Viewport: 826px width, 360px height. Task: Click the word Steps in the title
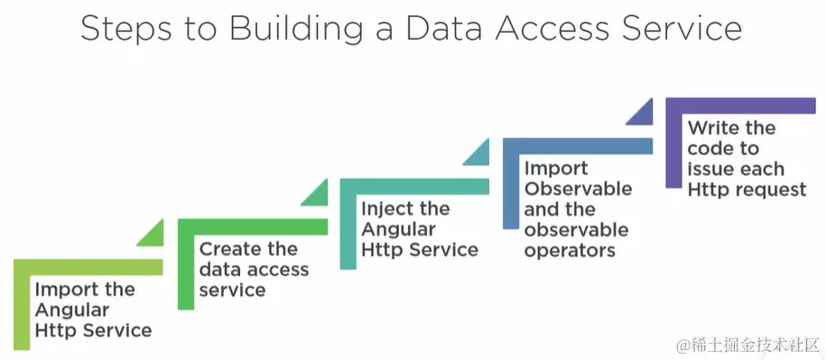pyautogui.click(x=125, y=30)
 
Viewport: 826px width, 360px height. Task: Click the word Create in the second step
pyautogui.click(x=228, y=249)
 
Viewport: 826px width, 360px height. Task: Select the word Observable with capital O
pyautogui.click(x=579, y=189)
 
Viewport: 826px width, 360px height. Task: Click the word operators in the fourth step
pyautogui.click(x=570, y=251)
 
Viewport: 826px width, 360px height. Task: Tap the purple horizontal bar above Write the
pyautogui.click(x=741, y=106)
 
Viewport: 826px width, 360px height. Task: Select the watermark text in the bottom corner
pyautogui.click(x=747, y=345)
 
